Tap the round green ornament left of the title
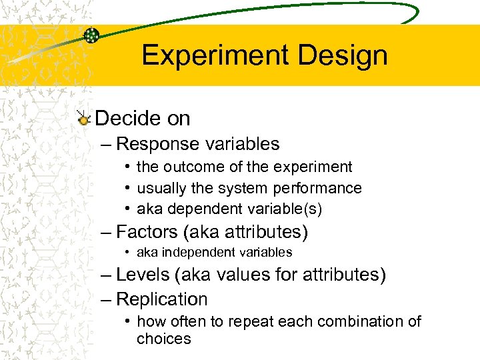tap(91, 35)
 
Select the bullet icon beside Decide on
tap(83, 119)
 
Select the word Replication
tap(162, 299)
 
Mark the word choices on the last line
tap(164, 339)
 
